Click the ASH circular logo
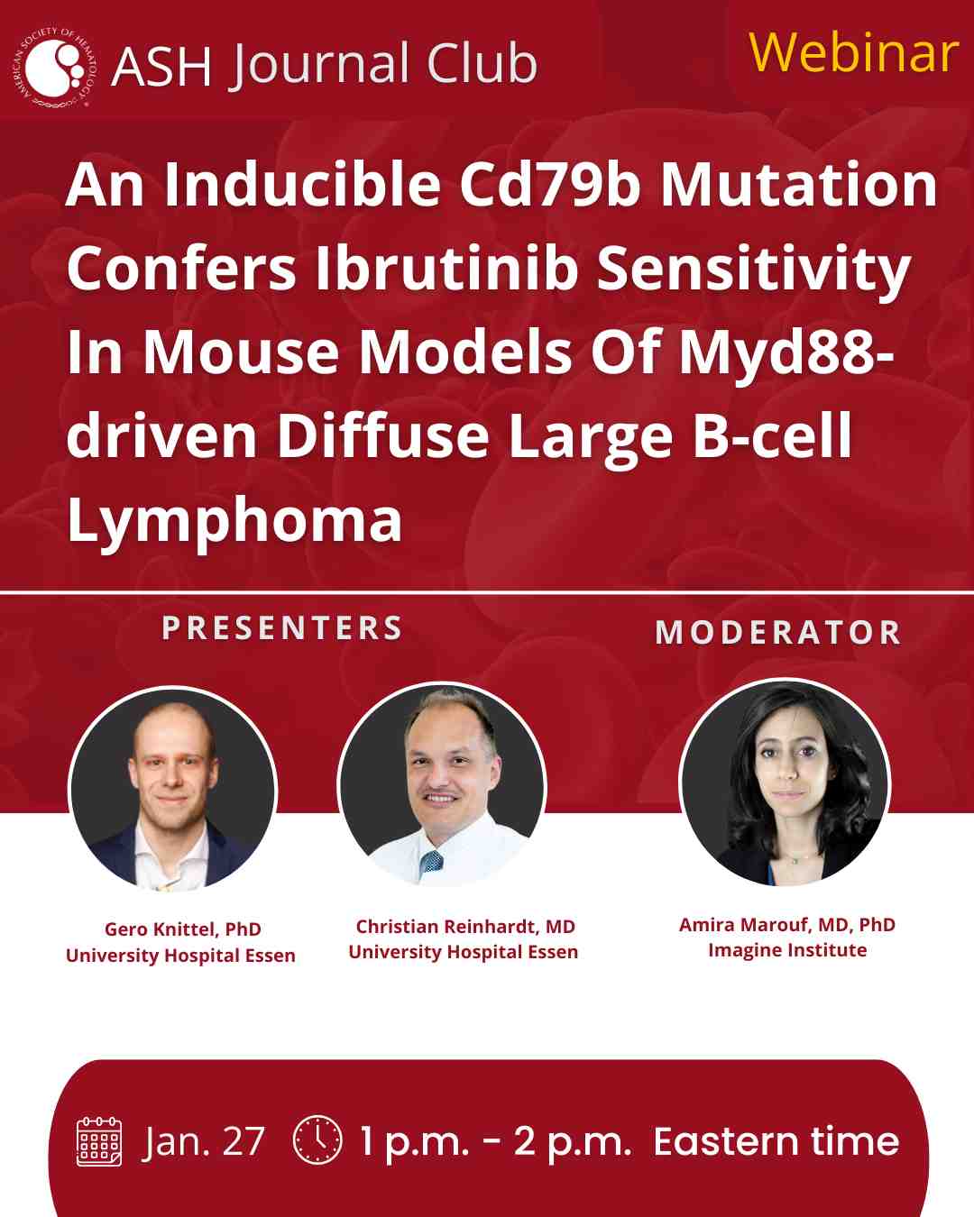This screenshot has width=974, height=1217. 54,69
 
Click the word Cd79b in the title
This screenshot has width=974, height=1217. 549,185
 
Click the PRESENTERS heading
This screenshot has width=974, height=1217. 282,628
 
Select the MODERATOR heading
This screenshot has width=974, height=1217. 778,632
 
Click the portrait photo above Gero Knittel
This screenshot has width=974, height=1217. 172,790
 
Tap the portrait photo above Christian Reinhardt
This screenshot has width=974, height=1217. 442,786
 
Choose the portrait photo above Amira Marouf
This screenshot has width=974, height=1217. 785,782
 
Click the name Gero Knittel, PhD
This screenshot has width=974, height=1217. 183,930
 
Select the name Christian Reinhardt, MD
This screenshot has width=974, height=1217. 465,928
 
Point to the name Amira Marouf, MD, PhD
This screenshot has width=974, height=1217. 786,925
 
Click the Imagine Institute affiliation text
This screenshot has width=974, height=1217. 787,951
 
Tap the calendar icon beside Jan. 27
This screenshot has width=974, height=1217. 99,1141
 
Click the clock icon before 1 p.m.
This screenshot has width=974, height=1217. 317,1139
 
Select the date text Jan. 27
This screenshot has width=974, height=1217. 203,1142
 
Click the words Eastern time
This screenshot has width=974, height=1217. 776,1141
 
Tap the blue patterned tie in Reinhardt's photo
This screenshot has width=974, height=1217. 432,863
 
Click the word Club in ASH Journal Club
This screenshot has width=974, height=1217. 482,63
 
